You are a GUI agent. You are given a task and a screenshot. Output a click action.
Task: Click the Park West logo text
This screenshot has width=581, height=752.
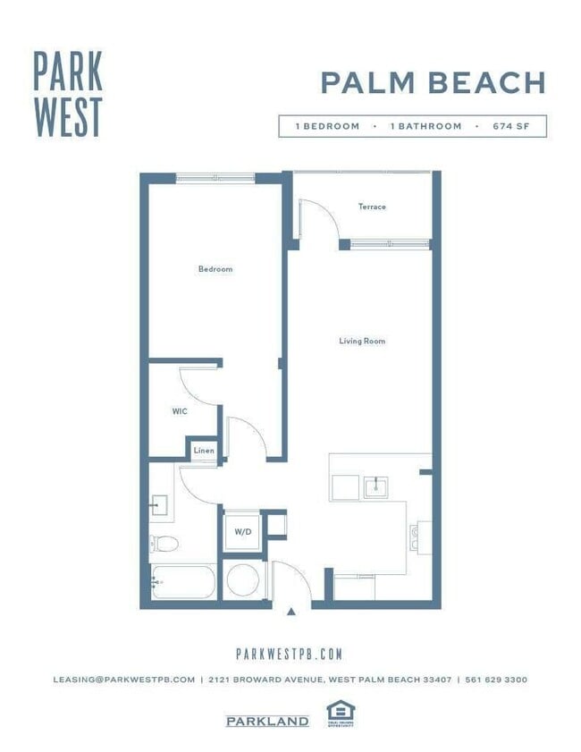pos(68,93)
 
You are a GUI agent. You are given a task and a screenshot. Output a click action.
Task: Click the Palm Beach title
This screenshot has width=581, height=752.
pos(433,82)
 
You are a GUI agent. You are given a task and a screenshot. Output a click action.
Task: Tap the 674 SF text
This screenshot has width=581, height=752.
pos(511,127)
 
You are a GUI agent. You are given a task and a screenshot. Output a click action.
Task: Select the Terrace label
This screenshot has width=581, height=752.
pos(372,207)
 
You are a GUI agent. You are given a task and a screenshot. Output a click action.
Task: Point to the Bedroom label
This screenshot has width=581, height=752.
pos(215,269)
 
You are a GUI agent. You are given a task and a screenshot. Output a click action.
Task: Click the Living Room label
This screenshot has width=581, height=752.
pos(362,341)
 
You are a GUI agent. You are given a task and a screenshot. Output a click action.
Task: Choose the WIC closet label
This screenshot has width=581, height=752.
pos(179,412)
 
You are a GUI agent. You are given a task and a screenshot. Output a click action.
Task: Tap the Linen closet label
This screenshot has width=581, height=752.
pos(204,451)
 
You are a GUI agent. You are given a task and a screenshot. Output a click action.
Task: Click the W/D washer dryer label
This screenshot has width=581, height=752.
pos(242,532)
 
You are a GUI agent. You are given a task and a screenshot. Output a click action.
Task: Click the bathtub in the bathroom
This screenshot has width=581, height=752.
pos(182,581)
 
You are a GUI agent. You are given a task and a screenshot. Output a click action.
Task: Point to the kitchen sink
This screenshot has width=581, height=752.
pos(375,487)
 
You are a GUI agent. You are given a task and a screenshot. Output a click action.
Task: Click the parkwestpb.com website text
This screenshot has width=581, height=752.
pos(289,655)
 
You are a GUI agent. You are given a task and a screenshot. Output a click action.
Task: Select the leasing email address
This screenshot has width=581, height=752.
pos(123,680)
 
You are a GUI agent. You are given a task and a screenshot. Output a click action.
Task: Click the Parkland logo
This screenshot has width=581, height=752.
pos(267,722)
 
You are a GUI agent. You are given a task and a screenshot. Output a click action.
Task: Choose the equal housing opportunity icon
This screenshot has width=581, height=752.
pos(340,714)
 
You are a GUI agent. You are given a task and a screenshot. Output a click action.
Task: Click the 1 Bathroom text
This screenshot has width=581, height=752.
pos(425,127)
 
